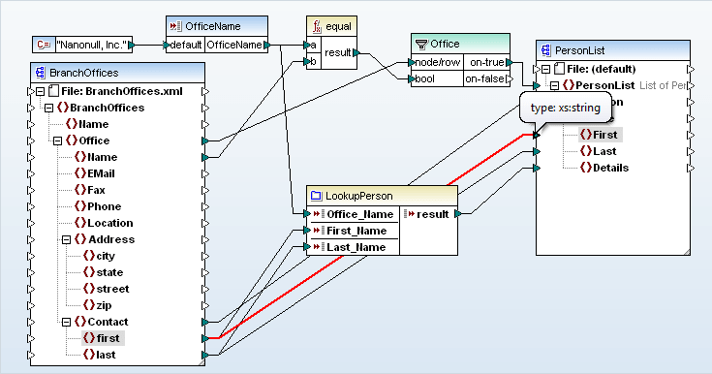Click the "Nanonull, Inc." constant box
click(x=92, y=44)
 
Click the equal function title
click(x=338, y=25)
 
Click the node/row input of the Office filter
click(x=437, y=63)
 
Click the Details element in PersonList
click(x=611, y=168)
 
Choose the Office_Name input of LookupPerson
click(x=359, y=214)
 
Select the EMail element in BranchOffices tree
click(x=102, y=172)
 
